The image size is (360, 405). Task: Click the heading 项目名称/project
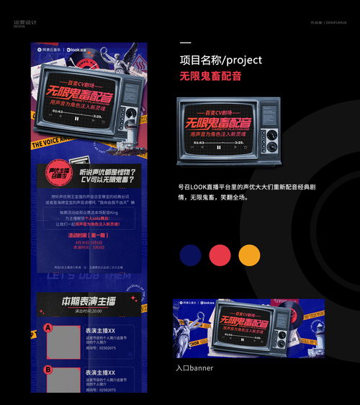pyautogui.click(x=220, y=60)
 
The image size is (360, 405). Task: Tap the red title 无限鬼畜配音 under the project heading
pyautogui.click(x=210, y=76)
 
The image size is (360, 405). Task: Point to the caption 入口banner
pyautogui.click(x=194, y=368)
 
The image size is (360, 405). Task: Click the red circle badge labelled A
pyautogui.click(x=48, y=328)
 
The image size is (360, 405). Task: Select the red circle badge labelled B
pyautogui.click(x=48, y=370)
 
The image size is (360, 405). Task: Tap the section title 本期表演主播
pyautogui.click(x=88, y=300)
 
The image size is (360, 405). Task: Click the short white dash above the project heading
pyautogui.click(x=185, y=43)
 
